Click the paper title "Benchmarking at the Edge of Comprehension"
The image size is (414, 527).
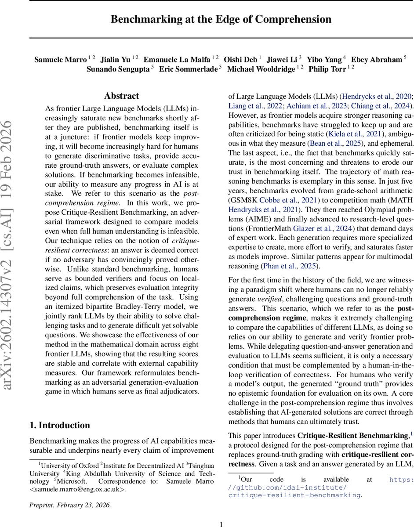221,19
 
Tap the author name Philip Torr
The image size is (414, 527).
327,69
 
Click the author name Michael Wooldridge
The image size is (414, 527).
261,69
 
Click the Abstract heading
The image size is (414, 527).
122,96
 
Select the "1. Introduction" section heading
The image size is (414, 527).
59,425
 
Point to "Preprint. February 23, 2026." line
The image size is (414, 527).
70,505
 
